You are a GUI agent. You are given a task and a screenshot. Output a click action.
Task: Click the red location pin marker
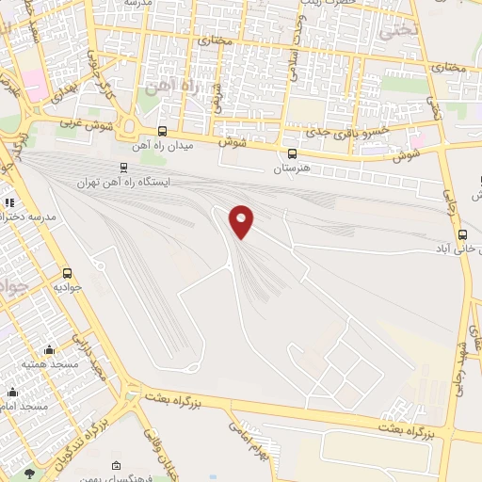point(242,221)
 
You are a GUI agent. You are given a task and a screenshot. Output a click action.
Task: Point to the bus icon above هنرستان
point(291,153)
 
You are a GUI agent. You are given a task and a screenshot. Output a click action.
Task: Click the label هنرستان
point(291,168)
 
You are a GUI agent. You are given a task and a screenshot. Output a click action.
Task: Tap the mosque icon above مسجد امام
point(11,393)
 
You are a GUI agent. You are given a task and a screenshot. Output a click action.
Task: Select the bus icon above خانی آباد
point(461,235)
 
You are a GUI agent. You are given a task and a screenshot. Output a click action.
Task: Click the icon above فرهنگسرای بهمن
point(116,466)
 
